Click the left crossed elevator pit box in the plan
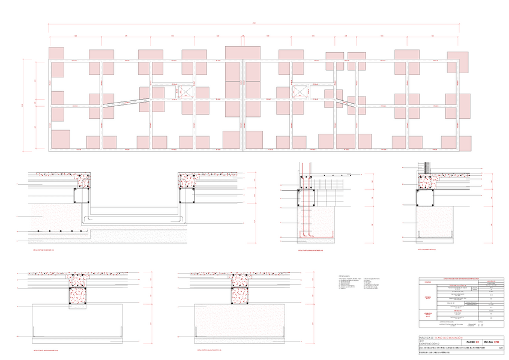pos(184,91)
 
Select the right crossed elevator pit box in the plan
pos(299,91)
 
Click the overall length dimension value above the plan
pos(254,23)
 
